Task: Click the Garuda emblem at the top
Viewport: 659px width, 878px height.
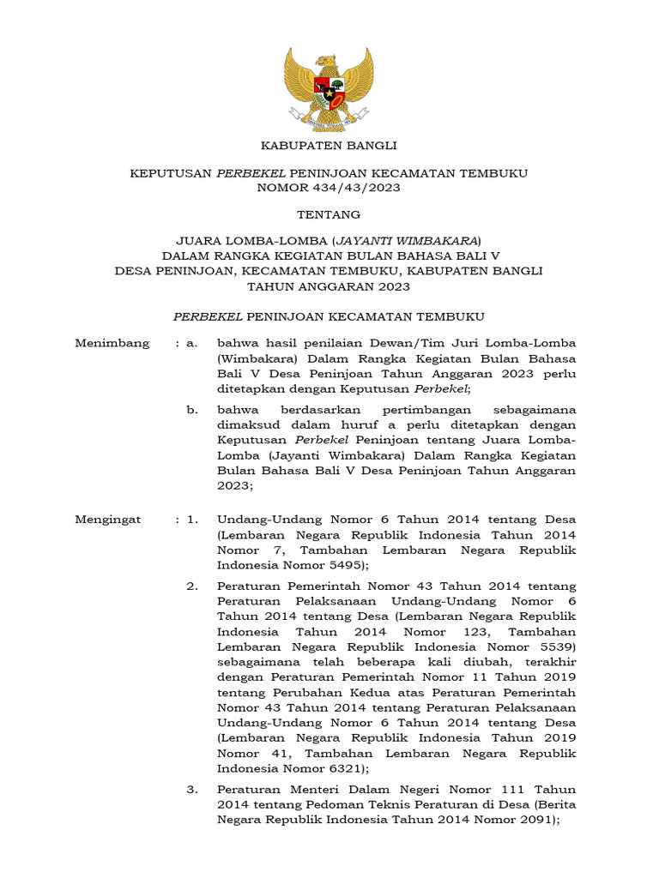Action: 329,89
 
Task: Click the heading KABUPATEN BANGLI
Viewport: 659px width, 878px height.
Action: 329,146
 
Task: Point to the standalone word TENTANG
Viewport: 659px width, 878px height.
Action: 329,214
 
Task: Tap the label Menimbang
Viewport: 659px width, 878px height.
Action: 112,343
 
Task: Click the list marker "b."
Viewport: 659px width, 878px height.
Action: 192,410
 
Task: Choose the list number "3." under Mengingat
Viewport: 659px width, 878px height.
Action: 193,789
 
